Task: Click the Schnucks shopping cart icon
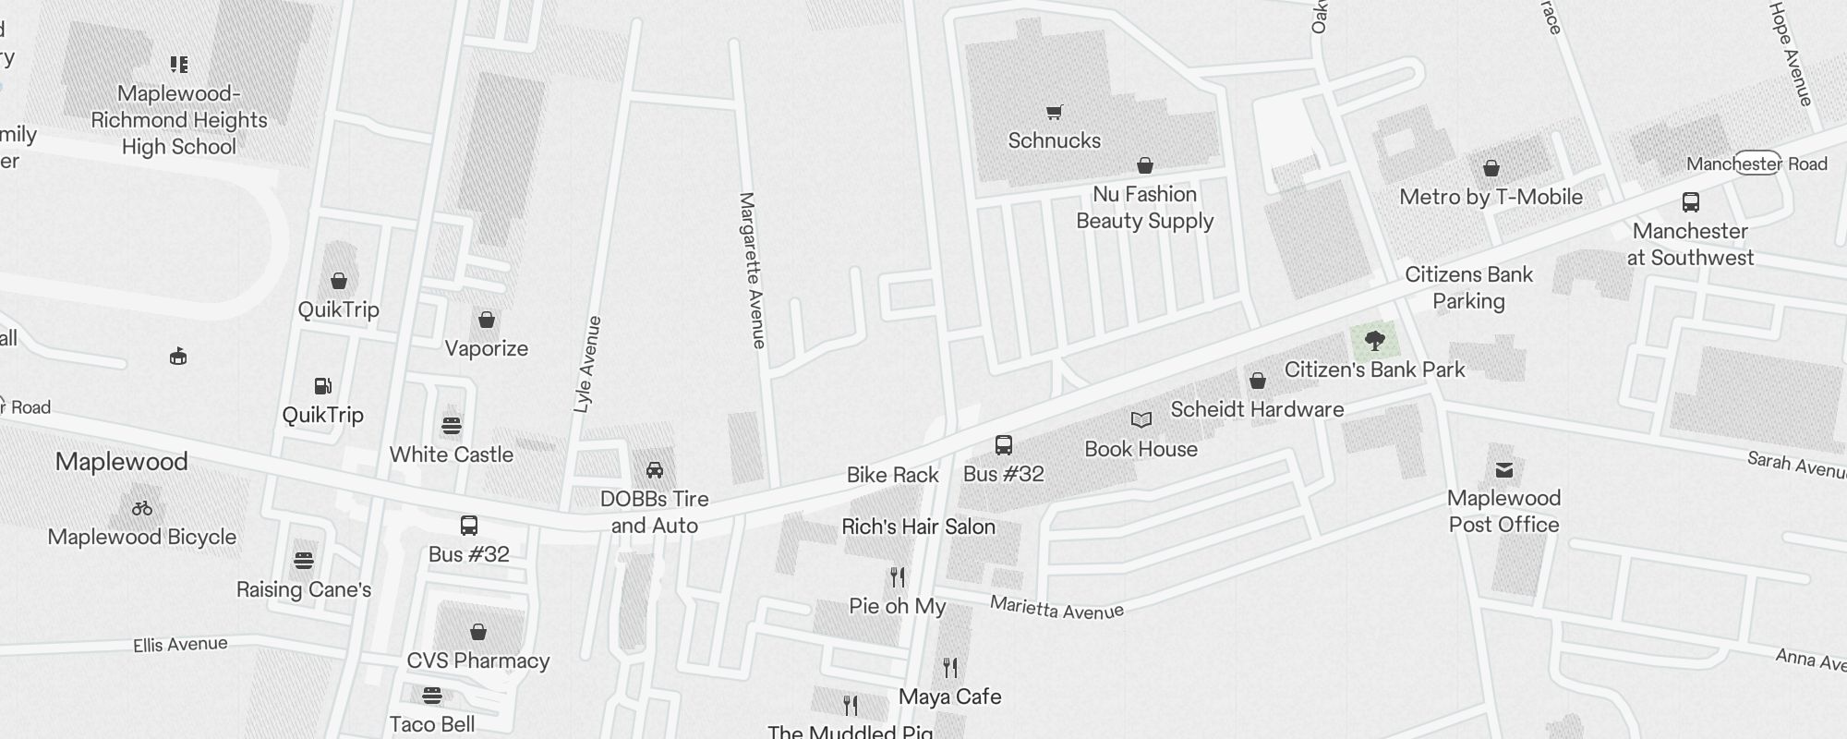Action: click(x=1054, y=113)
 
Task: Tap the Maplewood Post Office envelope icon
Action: click(x=1503, y=470)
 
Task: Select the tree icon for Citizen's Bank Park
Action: click(x=1374, y=341)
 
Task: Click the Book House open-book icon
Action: click(x=1141, y=420)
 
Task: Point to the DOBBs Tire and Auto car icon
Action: click(x=654, y=470)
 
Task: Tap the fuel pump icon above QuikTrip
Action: click(x=322, y=386)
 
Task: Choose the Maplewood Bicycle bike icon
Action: click(x=142, y=508)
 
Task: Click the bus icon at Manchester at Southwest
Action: click(x=1690, y=202)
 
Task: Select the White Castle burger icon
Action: click(x=451, y=426)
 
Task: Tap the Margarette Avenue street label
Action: click(x=753, y=270)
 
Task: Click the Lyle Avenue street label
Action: click(x=587, y=364)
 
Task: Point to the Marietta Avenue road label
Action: click(x=1056, y=608)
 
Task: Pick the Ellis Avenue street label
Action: click(x=180, y=644)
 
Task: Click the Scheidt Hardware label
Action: click(x=1257, y=409)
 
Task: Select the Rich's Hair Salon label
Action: click(x=918, y=527)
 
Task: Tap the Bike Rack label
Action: click(x=892, y=475)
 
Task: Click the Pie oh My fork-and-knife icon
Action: click(x=898, y=577)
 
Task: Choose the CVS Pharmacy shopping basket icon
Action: click(x=477, y=632)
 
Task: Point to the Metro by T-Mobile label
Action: click(x=1491, y=197)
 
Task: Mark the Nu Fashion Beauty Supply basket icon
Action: click(x=1144, y=165)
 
